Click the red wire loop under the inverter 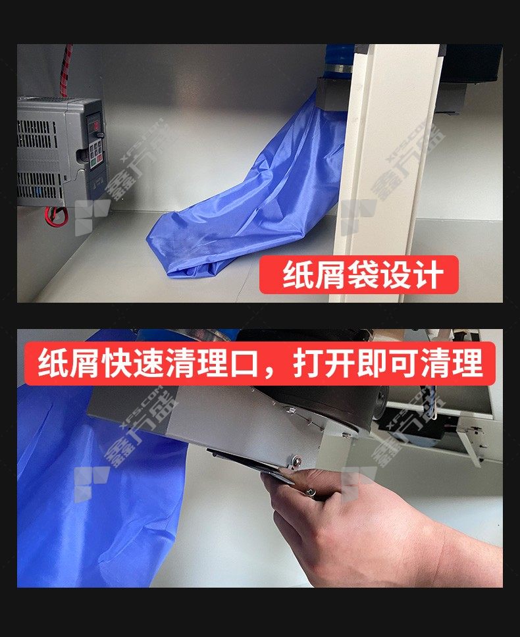pyautogui.click(x=57, y=216)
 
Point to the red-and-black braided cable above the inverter pyautogui.click(x=66, y=70)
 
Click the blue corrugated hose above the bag pyautogui.click(x=339, y=61)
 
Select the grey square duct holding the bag pyautogui.click(x=332, y=94)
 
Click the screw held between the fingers pyautogui.click(x=311, y=493)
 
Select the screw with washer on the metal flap pyautogui.click(x=297, y=461)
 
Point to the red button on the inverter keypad pyautogui.click(x=100, y=161)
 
